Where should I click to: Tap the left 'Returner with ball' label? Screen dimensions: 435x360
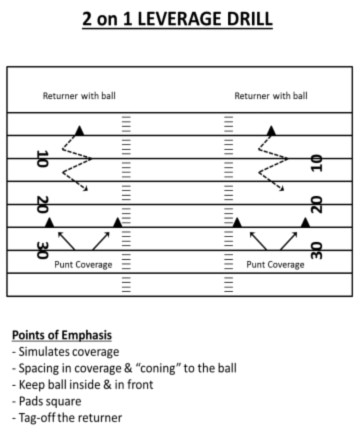click(x=77, y=97)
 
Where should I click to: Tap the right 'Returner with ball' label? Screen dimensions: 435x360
click(x=271, y=97)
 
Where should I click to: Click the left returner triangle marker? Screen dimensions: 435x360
click(x=79, y=131)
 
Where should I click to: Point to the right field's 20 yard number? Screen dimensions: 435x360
click(x=316, y=205)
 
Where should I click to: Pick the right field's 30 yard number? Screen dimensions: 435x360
click(x=316, y=250)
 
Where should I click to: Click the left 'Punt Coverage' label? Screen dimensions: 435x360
click(x=83, y=265)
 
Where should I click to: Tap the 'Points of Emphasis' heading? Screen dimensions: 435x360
click(x=62, y=335)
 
